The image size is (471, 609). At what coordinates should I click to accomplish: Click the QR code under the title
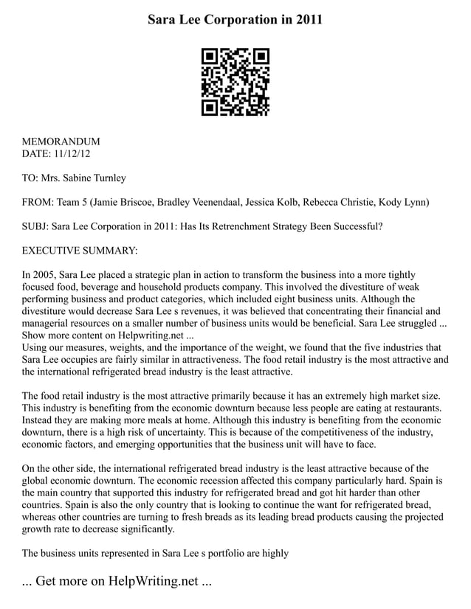point(235,82)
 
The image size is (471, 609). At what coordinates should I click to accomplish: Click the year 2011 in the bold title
point(307,20)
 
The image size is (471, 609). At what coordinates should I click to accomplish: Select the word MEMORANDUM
point(61,142)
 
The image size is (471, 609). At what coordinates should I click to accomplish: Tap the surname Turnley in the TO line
point(107,178)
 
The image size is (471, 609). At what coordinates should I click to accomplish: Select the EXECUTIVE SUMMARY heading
point(80,251)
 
